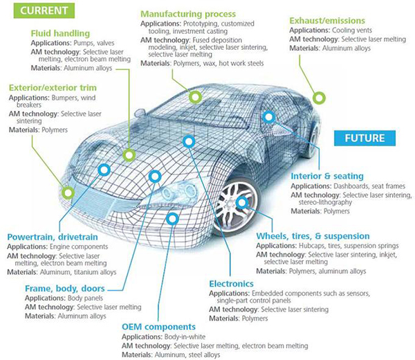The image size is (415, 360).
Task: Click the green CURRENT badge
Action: point(44,10)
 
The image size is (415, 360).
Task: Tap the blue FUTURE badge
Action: point(365,138)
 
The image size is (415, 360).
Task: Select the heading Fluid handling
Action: point(60,33)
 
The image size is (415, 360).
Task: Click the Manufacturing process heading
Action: point(188,14)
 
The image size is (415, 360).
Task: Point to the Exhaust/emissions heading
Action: point(327,20)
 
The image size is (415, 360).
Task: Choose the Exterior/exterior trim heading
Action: point(53,88)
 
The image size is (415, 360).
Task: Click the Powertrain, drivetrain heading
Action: point(53,237)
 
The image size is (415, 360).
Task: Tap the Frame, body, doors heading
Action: point(65,288)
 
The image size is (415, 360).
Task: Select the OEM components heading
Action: point(158,327)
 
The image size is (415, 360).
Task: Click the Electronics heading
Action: point(231,284)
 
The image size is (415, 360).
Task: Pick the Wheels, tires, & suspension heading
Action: point(313,236)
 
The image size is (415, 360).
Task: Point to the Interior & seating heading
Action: point(327,176)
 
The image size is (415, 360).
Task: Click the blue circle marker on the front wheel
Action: point(242,202)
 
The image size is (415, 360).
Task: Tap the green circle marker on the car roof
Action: point(195,97)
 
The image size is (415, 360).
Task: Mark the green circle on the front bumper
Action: point(68,192)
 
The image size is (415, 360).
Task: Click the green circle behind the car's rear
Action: point(319,98)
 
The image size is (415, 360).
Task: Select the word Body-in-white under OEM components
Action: point(185,336)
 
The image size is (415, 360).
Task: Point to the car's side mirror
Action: point(140,114)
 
